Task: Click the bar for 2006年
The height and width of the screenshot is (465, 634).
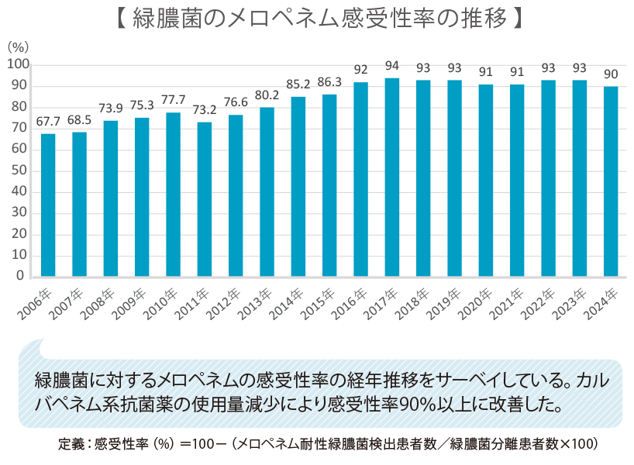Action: click(x=48, y=205)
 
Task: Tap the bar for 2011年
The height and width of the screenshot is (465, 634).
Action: click(x=205, y=199)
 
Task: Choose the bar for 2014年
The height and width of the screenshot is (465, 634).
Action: click(x=298, y=186)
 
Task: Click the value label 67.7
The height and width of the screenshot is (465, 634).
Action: click(x=48, y=122)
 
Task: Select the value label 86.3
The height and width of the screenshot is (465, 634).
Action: click(x=329, y=83)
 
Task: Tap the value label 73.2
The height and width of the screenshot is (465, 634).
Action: click(x=205, y=111)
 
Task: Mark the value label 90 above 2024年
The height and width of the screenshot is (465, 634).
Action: click(x=611, y=74)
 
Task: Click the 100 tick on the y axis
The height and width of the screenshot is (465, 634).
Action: click(x=18, y=64)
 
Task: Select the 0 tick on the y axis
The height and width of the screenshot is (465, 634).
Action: click(x=24, y=276)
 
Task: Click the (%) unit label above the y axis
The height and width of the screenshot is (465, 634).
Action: click(x=17, y=47)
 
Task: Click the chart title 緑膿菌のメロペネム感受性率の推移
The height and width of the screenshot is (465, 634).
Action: click(x=317, y=19)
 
